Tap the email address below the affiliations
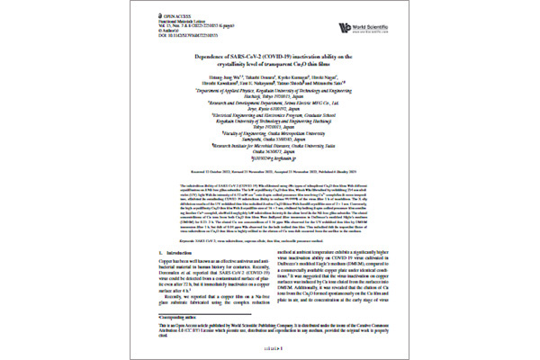(270, 162)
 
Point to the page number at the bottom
(269, 345)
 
